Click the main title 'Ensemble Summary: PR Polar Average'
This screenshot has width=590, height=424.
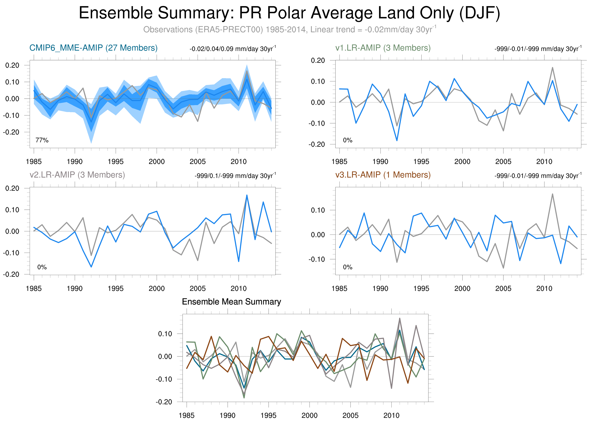coord(289,13)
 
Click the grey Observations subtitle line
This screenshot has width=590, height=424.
coord(289,29)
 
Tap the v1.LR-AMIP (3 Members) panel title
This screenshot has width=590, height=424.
coord(383,48)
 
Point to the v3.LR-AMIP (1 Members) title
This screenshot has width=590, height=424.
coord(383,175)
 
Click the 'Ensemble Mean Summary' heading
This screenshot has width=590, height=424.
coord(231,302)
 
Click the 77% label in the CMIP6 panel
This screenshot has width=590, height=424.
coord(42,140)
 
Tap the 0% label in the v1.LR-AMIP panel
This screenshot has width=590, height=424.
coord(348,140)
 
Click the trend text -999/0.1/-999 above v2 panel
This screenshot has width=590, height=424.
coord(235,176)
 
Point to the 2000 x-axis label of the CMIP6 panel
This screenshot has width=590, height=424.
coord(157,162)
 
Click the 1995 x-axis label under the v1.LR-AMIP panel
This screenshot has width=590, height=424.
coord(421,162)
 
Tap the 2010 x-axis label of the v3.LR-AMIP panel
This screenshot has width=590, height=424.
coord(544,288)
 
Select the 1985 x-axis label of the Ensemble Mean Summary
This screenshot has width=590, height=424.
coord(187,415)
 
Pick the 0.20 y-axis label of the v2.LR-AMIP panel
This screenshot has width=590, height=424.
coord(12,188)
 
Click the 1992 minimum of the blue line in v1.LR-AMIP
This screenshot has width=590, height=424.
coord(397,140)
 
